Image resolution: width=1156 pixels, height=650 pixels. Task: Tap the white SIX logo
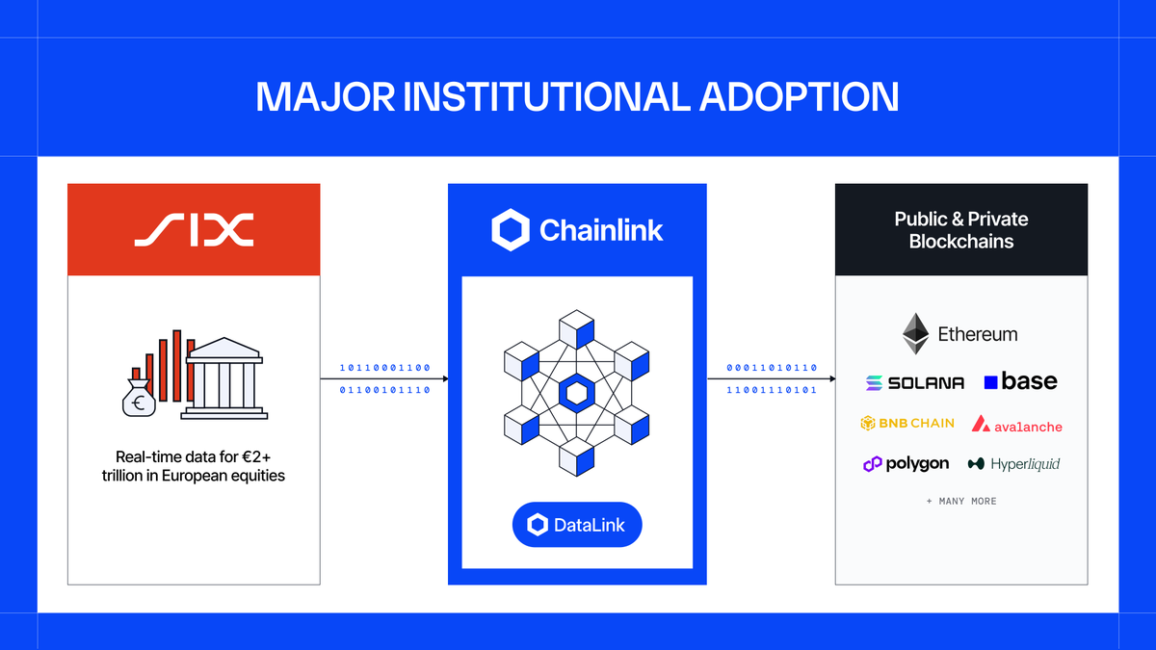point(194,229)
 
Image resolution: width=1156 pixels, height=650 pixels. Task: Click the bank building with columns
point(223,377)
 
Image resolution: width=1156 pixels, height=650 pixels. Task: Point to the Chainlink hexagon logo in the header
point(511,230)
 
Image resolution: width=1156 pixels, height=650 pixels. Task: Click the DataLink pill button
point(576,525)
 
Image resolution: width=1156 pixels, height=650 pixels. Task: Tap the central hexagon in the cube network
point(577,392)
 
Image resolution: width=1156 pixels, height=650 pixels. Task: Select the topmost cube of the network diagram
point(577,327)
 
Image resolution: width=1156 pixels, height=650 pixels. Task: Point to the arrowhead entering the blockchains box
point(831,378)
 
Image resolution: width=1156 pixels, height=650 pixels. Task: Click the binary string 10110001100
point(384,368)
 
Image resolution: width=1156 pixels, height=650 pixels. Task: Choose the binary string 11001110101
point(772,390)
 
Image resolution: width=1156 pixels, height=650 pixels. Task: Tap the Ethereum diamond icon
point(915,334)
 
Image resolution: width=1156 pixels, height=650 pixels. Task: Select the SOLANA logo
point(914,383)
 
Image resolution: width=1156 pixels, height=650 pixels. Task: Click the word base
point(1029,381)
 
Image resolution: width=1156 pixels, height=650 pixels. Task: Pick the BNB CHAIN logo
point(907,423)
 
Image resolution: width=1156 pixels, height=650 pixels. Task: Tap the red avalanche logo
point(1016,424)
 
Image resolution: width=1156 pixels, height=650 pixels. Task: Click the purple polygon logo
point(906,464)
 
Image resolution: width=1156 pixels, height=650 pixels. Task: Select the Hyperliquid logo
point(1013,464)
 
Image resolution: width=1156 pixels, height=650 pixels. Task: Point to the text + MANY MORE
point(961,502)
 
